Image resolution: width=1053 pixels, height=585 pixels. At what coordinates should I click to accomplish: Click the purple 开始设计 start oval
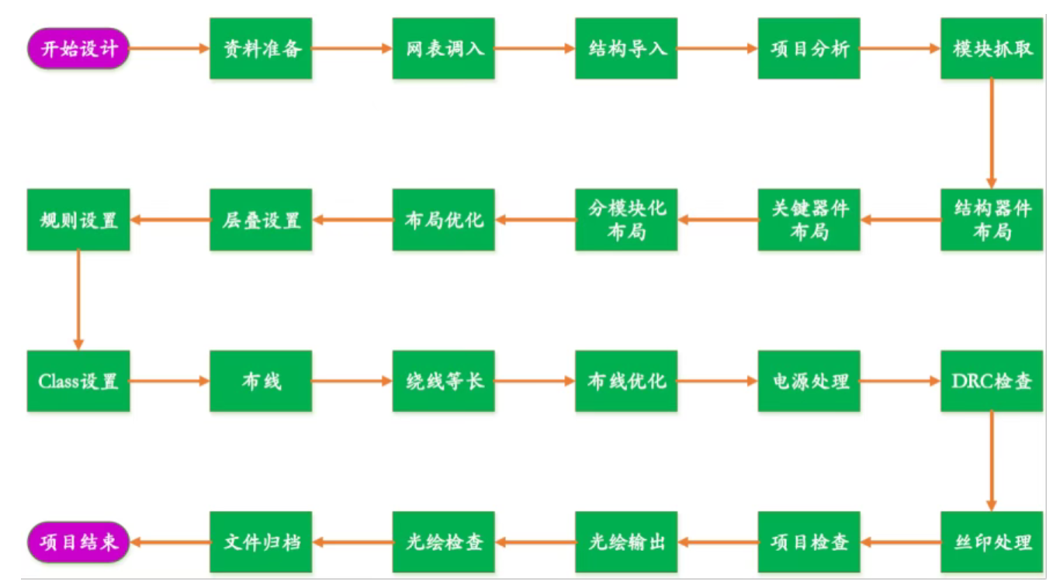point(78,48)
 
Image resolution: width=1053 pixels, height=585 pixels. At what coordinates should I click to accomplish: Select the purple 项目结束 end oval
point(78,542)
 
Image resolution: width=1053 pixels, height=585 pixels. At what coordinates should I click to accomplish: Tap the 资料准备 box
point(261,48)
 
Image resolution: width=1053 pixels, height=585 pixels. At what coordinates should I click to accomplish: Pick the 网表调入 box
point(444,48)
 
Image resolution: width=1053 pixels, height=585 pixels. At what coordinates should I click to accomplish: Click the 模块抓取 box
point(992,48)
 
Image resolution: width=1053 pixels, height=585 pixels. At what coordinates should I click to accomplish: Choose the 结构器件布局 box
point(992,220)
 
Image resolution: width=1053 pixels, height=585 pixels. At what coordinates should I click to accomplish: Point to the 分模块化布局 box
point(626,220)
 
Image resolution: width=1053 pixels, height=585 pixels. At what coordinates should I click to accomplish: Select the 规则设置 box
point(78,220)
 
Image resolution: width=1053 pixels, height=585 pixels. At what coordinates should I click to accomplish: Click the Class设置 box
point(78,381)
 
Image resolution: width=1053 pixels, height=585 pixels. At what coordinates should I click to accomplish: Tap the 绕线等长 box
point(444,381)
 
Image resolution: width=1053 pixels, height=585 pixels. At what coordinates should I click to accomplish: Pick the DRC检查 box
point(992,381)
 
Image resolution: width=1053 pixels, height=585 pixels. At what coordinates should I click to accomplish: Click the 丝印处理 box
point(992,542)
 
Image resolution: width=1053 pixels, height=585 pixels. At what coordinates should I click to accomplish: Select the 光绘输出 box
point(626,542)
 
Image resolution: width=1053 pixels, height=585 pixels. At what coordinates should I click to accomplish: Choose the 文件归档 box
point(261,542)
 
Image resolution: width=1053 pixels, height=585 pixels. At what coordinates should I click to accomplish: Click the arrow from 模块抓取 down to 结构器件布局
point(992,133)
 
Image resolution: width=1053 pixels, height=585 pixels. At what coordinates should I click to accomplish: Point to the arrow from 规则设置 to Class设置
point(78,300)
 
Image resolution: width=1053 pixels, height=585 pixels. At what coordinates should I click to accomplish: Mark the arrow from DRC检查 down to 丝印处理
point(992,461)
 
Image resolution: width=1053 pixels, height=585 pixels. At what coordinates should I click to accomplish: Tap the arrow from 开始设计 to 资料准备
point(169,48)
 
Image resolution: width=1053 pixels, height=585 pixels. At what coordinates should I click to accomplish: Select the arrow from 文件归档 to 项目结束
point(170,542)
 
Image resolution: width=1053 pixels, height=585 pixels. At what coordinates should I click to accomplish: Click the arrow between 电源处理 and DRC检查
point(900,381)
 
